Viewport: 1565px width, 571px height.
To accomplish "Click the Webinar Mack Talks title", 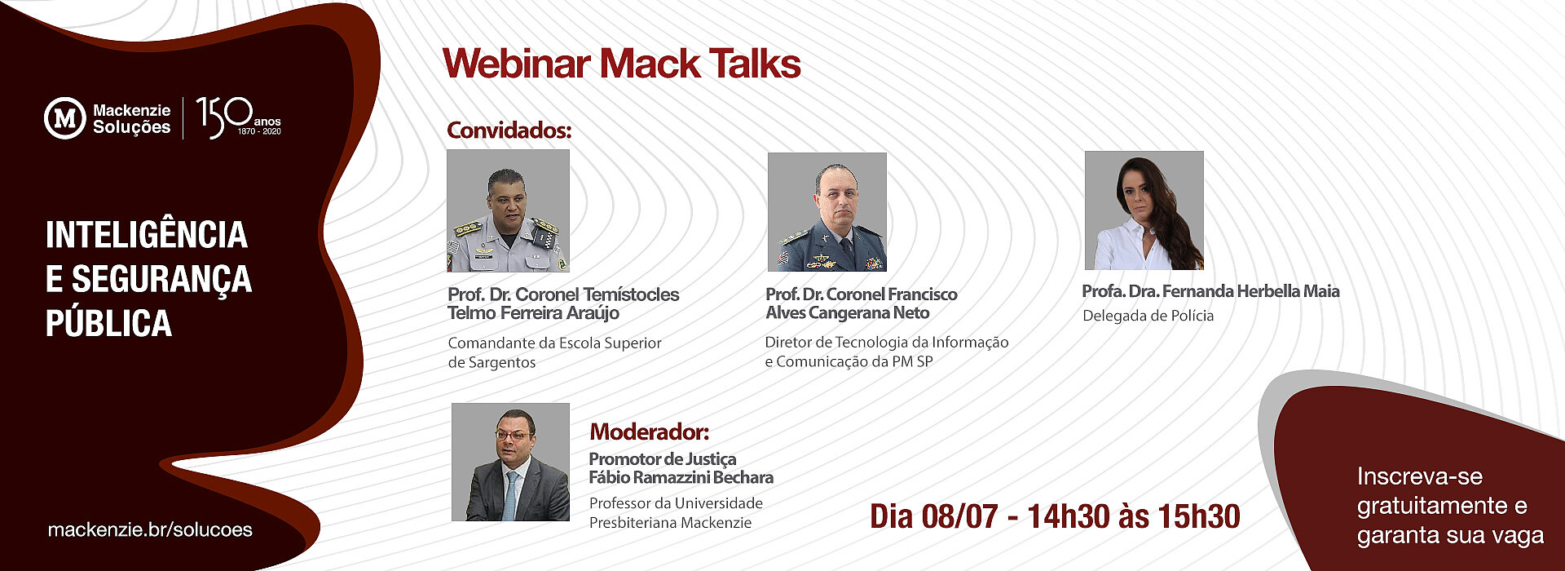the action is click(622, 64).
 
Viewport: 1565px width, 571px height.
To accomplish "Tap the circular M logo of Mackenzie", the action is click(64, 118).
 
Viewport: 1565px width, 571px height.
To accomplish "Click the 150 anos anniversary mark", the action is click(238, 117).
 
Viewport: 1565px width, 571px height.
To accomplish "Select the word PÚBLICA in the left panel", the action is click(108, 323).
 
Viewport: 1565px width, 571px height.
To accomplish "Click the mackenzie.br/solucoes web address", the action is click(150, 529).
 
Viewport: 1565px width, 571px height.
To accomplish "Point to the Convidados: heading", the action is click(509, 130).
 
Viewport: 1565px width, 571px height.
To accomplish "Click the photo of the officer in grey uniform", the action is click(509, 210).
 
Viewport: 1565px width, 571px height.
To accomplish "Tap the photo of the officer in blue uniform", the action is click(827, 212).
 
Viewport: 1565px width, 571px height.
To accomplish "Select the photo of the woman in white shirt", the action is click(1144, 210).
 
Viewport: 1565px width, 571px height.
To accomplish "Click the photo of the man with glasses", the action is click(511, 462).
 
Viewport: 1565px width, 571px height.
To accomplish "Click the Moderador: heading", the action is click(650, 431).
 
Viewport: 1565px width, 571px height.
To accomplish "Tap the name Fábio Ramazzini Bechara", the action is click(681, 477).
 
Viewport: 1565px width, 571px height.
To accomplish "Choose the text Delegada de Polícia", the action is click(1148, 316).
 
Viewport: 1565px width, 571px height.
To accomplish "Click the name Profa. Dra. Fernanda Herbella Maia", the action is click(1210, 291).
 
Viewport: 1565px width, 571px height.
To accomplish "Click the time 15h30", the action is click(1198, 516).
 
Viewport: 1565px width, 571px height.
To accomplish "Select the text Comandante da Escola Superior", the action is click(554, 343).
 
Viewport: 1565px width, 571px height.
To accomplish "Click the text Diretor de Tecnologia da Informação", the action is click(887, 343).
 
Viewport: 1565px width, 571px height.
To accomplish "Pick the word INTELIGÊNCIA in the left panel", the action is click(147, 235).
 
